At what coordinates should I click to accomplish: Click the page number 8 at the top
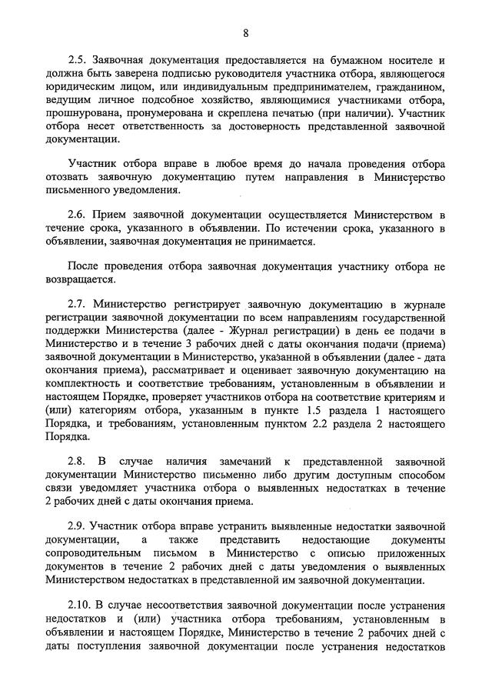point(245,32)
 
